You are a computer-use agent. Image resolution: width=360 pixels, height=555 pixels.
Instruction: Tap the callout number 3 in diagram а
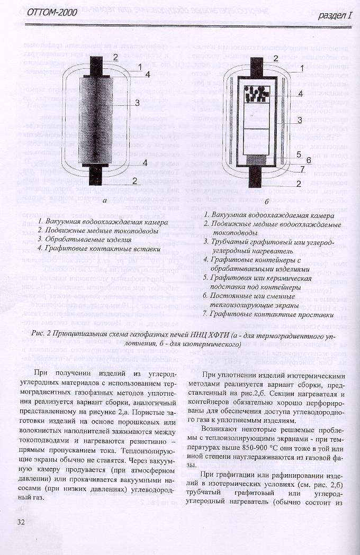click(137, 103)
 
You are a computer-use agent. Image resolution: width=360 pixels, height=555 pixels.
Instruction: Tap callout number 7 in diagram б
click(301, 169)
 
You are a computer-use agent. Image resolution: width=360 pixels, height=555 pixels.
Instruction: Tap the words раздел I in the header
click(334, 16)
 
